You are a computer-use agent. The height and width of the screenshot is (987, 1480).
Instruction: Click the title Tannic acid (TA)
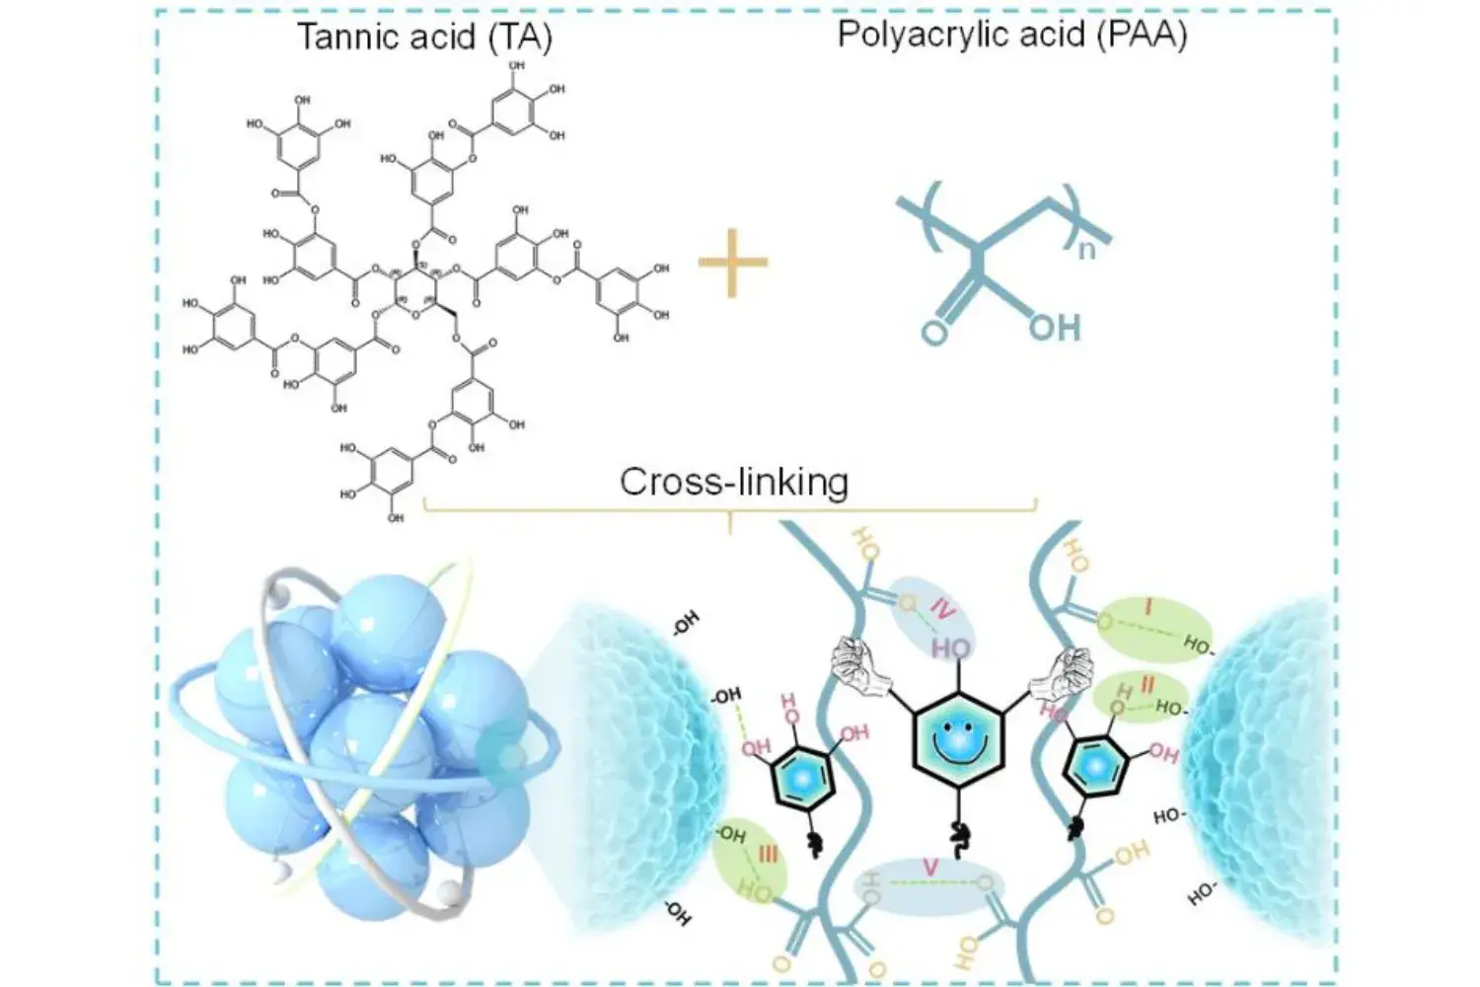(424, 37)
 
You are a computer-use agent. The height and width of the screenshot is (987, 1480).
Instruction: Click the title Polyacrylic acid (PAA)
(1011, 35)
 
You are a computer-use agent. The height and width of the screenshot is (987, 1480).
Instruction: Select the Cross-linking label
(733, 482)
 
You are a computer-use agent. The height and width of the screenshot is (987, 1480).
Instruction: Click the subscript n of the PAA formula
(1086, 249)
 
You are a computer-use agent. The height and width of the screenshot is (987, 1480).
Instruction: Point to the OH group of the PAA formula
(1055, 327)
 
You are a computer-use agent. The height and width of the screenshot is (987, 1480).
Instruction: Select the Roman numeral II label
(1147, 683)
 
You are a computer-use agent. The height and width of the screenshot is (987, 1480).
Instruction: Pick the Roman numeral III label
(770, 855)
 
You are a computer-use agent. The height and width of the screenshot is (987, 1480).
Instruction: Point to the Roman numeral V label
(928, 867)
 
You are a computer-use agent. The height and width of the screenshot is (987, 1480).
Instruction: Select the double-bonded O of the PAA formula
(933, 332)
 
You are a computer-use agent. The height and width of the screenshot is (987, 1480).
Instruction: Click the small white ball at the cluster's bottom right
(450, 890)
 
